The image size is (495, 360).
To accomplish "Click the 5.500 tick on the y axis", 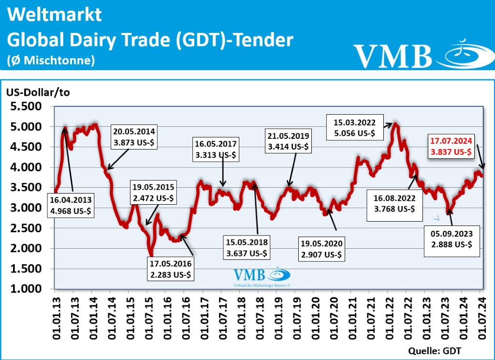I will [x=29, y=106].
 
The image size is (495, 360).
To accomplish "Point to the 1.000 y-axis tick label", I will [x=29, y=289].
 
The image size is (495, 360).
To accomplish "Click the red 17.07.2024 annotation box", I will [x=451, y=146].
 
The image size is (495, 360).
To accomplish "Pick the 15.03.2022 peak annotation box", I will [x=355, y=127].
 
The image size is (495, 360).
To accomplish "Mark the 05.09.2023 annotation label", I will [x=452, y=239].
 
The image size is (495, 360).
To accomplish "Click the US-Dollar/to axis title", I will [x=38, y=93].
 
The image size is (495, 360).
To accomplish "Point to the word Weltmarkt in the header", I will [x=55, y=15].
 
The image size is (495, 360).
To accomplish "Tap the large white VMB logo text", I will [x=392, y=55].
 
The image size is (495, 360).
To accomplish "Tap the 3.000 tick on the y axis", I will [x=29, y=208].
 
